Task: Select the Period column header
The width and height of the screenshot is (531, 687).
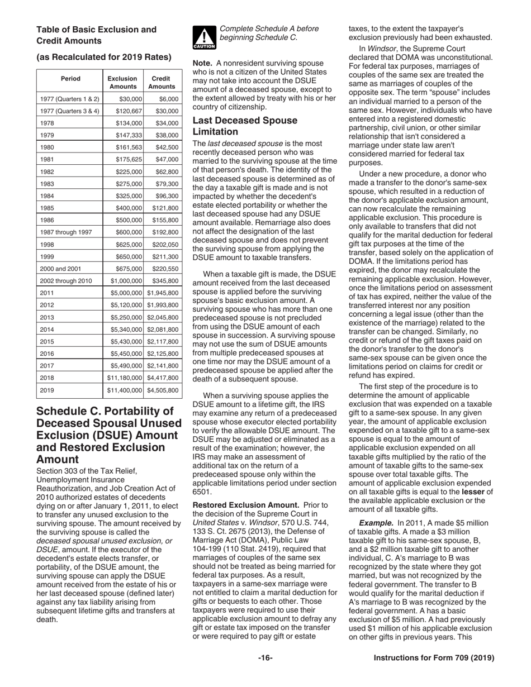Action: point(70,79)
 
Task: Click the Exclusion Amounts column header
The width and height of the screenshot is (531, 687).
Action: point(123,83)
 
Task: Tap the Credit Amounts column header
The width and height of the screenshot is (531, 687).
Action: point(162,83)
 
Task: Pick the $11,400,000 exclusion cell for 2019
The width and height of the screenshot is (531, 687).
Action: point(125,390)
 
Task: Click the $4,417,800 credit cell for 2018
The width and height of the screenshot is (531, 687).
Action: point(163,378)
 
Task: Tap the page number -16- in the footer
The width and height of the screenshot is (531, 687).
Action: point(265,658)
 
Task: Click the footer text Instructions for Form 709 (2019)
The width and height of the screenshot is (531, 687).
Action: point(434,658)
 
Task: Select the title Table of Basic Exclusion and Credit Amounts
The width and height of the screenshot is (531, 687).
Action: point(96,35)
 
